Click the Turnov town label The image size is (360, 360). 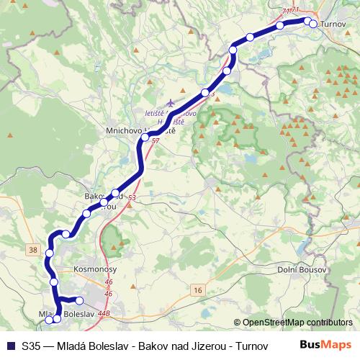tap(332, 24)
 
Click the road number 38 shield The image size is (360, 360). tap(32, 249)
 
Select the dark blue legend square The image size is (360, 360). tap(9, 346)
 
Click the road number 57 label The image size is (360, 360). tap(156, 141)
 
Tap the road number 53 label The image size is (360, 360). tap(132, 197)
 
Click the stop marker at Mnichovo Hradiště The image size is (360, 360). tap(145, 137)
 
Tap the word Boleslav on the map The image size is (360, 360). tap(79, 315)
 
